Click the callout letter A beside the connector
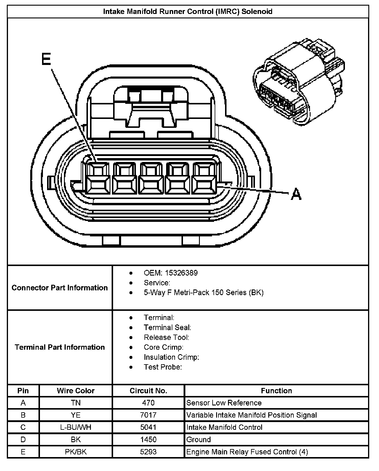click(296, 195)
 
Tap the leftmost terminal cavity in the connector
click(97, 179)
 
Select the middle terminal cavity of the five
click(151, 179)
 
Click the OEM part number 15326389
click(181, 273)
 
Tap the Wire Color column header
click(76, 391)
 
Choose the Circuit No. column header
click(148, 391)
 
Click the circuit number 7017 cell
click(148, 415)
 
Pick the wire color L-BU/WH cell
click(76, 427)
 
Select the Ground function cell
click(199, 440)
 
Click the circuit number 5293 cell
click(148, 452)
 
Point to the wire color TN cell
click(76, 403)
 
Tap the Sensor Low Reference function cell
click(224, 403)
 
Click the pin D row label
click(23, 440)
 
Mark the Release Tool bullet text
click(166, 337)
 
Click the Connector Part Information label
click(60, 288)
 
